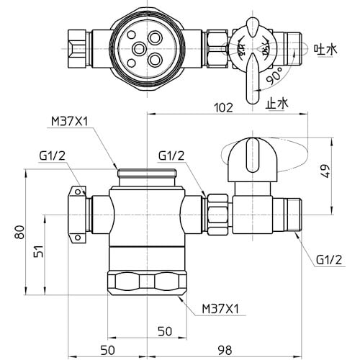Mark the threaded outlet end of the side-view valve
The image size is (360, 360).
coord(292,212)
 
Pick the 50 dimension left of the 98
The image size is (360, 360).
coord(107,350)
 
